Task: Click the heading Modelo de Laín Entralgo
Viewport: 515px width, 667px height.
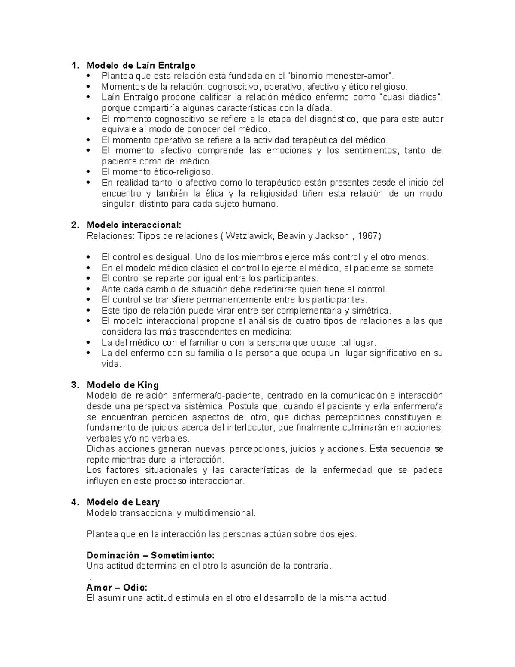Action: tap(141, 65)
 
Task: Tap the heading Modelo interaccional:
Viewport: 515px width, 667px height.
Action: tap(134, 225)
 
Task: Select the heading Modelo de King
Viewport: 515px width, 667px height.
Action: tap(122, 385)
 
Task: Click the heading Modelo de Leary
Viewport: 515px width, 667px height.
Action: tap(123, 502)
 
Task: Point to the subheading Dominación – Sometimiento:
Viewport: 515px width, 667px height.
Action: tap(150, 555)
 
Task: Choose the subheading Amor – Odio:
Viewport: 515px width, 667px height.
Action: tap(117, 587)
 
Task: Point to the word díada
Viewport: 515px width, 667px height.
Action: tap(320, 108)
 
